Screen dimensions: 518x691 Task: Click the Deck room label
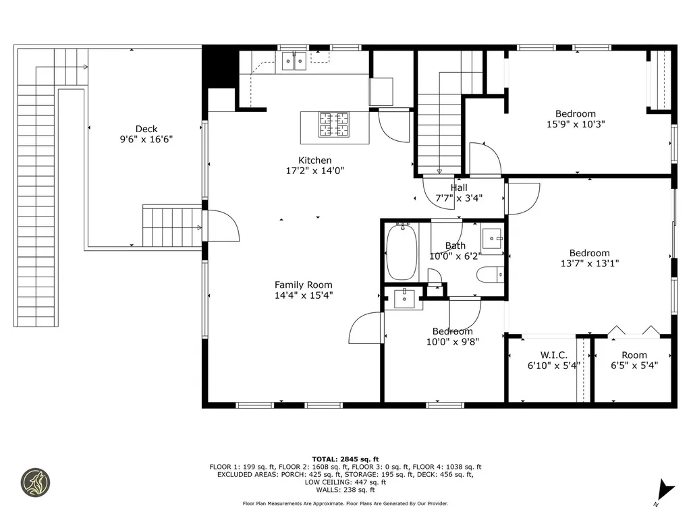pyautogui.click(x=146, y=129)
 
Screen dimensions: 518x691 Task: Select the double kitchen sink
pyautogui.click(x=294, y=61)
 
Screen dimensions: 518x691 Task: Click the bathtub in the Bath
pyautogui.click(x=402, y=252)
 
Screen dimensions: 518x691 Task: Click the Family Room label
pyautogui.click(x=303, y=285)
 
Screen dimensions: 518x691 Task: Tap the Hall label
pyautogui.click(x=459, y=188)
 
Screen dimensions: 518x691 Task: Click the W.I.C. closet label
pyautogui.click(x=553, y=355)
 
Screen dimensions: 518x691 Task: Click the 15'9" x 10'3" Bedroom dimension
pyautogui.click(x=576, y=124)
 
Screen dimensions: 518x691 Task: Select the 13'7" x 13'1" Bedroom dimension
pyautogui.click(x=589, y=264)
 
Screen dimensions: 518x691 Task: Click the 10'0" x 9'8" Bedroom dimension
pyautogui.click(x=452, y=342)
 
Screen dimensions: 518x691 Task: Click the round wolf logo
pyautogui.click(x=36, y=483)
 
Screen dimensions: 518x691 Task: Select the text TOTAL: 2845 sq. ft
pyautogui.click(x=345, y=459)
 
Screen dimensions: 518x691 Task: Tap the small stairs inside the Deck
pyautogui.click(x=172, y=227)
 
